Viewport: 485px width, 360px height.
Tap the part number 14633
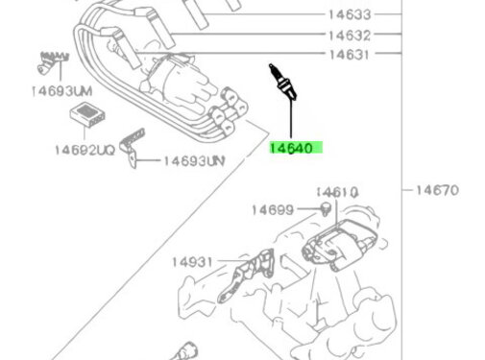coord(351,15)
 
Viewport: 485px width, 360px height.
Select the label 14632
coord(351,36)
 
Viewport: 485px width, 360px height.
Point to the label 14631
coord(351,56)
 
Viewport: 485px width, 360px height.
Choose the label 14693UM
coord(60,90)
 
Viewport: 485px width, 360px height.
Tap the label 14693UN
coord(193,160)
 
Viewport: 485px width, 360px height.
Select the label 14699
coord(273,209)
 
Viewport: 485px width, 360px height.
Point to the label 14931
coord(192,260)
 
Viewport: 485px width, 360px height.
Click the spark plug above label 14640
coord(280,80)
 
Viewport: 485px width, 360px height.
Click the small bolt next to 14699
coord(327,210)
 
